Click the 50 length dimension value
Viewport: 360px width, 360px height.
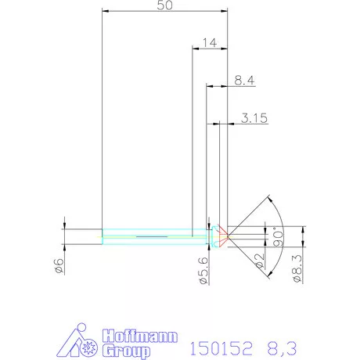165,5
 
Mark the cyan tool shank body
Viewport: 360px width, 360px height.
149,234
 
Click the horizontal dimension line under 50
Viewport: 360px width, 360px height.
165,13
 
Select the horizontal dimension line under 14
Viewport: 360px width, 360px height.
209,49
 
